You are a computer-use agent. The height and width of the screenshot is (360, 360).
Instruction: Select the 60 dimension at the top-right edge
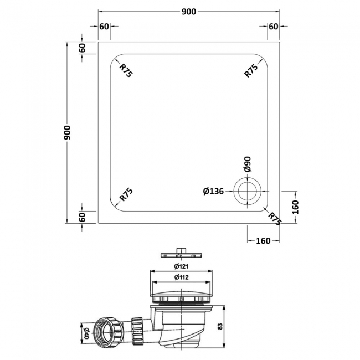(273, 27)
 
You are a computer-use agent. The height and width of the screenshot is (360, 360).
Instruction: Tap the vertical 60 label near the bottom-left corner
(82, 217)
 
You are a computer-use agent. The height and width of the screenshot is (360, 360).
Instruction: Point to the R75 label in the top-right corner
(252, 71)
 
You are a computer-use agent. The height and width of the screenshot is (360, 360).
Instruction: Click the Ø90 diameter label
(247, 164)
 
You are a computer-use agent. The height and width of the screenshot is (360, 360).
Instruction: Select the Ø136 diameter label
(213, 192)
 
